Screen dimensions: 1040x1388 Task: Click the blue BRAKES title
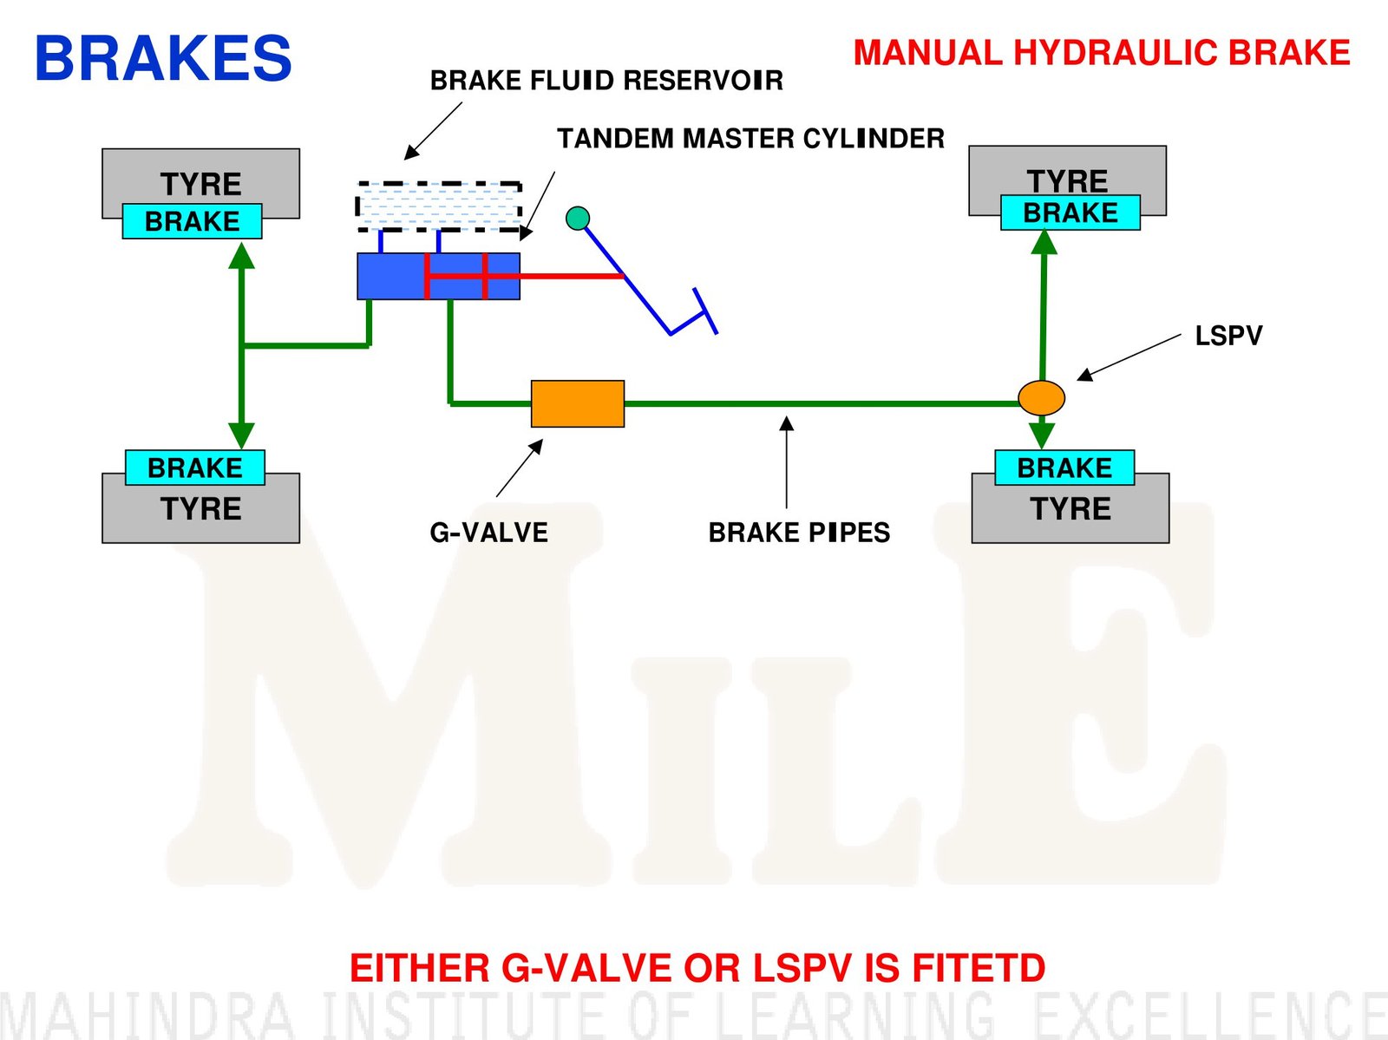(x=163, y=59)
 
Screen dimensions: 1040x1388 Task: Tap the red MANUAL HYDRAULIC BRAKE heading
(x=1101, y=53)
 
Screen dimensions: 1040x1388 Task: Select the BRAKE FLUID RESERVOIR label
(x=606, y=81)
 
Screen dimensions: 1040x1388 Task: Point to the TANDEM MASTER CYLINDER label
(x=750, y=139)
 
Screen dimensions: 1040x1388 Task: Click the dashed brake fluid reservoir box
(x=439, y=206)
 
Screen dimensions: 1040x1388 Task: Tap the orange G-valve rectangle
(x=577, y=403)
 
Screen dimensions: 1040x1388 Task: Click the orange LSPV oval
(x=1041, y=397)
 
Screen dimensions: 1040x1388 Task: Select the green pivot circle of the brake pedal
(x=578, y=218)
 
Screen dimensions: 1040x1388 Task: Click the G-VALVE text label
(x=488, y=532)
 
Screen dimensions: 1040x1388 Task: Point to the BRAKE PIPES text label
(x=799, y=532)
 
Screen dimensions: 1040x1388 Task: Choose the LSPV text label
(x=1228, y=336)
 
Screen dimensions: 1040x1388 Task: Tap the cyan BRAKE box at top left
(x=192, y=221)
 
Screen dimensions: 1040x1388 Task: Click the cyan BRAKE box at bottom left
(x=195, y=468)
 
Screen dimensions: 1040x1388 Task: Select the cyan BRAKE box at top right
(x=1070, y=213)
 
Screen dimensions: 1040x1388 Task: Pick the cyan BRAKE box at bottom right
(x=1064, y=468)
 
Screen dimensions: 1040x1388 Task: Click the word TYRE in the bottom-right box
(x=1070, y=508)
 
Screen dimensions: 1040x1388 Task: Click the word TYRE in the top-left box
(x=200, y=184)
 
